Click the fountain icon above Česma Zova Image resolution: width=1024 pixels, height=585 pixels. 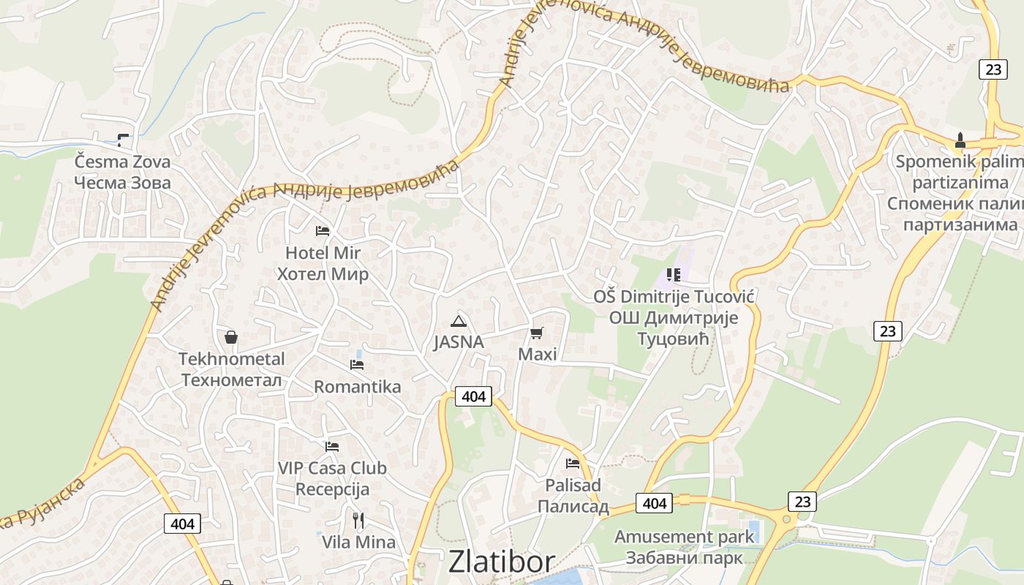(x=123, y=140)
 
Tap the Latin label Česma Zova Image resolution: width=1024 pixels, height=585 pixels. (x=122, y=162)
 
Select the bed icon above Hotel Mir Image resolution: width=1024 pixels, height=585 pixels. (x=323, y=231)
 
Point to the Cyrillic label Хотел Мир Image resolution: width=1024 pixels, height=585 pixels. (x=323, y=275)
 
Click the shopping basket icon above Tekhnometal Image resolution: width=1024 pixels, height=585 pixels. (x=231, y=337)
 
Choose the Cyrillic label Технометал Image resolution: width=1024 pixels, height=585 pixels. (x=232, y=380)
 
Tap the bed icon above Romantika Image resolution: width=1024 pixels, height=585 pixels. (x=357, y=364)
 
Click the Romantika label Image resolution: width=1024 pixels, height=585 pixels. (x=357, y=387)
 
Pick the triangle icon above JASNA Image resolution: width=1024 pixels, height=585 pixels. (x=459, y=321)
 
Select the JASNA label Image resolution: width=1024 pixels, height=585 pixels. (x=459, y=342)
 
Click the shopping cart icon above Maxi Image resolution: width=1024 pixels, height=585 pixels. (x=537, y=333)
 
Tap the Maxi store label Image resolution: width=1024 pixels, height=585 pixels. (x=537, y=355)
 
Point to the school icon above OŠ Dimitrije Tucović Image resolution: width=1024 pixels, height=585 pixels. (x=674, y=275)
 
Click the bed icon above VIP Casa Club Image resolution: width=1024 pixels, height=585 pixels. (x=332, y=446)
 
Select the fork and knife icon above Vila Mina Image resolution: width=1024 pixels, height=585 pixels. (x=358, y=521)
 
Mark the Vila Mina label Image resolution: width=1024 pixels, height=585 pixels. (x=358, y=543)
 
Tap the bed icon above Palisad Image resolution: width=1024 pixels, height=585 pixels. (x=573, y=464)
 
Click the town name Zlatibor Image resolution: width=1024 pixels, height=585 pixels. (x=502, y=562)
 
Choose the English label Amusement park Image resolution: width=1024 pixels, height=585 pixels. (x=684, y=537)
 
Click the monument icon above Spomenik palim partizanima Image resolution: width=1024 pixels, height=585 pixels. (x=960, y=140)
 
